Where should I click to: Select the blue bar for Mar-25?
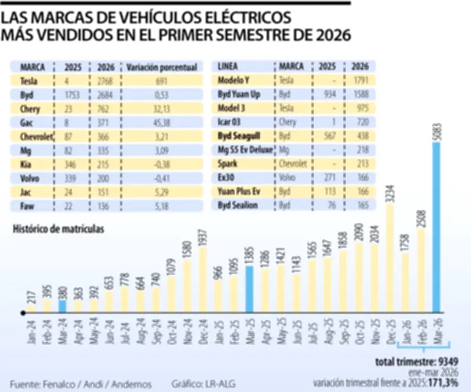[250, 288]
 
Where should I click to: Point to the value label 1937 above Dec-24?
[203, 237]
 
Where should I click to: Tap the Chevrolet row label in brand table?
[33, 136]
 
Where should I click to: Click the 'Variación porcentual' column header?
[161, 66]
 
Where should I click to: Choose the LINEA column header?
[227, 66]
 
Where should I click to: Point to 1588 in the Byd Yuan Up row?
[360, 94]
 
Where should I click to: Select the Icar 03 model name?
[230, 122]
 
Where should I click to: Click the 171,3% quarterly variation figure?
[447, 383]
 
